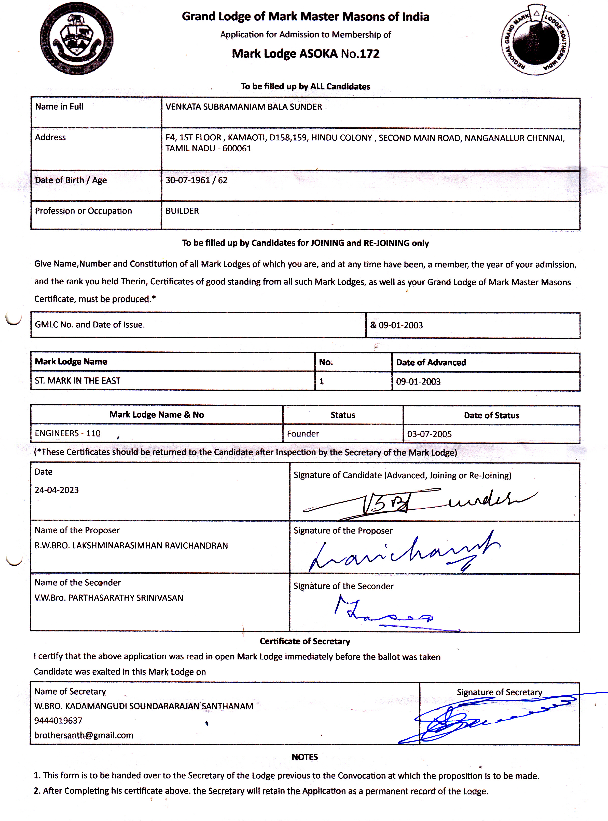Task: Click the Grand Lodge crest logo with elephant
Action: tap(77, 39)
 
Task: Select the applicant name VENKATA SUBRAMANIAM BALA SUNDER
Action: tap(244, 107)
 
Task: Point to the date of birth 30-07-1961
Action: tap(187, 180)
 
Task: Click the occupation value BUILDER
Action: tap(182, 211)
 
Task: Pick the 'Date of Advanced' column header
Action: tap(431, 362)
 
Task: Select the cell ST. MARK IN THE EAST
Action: tap(78, 381)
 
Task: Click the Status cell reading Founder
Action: tap(303, 433)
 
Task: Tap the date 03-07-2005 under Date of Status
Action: tap(429, 434)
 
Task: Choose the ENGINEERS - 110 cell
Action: tap(68, 433)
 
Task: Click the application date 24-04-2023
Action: tap(57, 490)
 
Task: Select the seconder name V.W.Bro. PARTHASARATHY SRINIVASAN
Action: tap(109, 598)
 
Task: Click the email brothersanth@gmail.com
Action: tap(84, 735)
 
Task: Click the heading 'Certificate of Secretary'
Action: tap(305, 641)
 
